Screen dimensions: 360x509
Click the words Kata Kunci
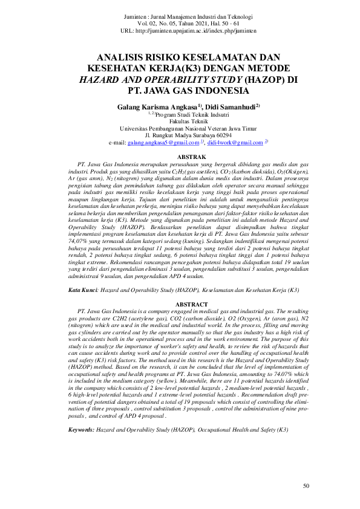point(82,291)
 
